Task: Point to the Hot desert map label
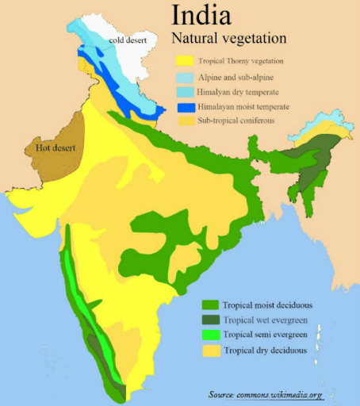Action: click(x=52, y=147)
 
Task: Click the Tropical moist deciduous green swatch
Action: click(x=210, y=304)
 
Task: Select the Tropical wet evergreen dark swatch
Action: click(x=210, y=320)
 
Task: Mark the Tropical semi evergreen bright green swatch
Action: click(x=210, y=335)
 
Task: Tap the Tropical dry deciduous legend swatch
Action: click(x=210, y=350)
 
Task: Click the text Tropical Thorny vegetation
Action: click(x=243, y=62)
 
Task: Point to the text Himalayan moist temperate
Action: click(x=244, y=107)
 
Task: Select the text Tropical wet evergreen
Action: click(x=265, y=320)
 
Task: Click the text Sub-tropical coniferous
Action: click(x=238, y=122)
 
